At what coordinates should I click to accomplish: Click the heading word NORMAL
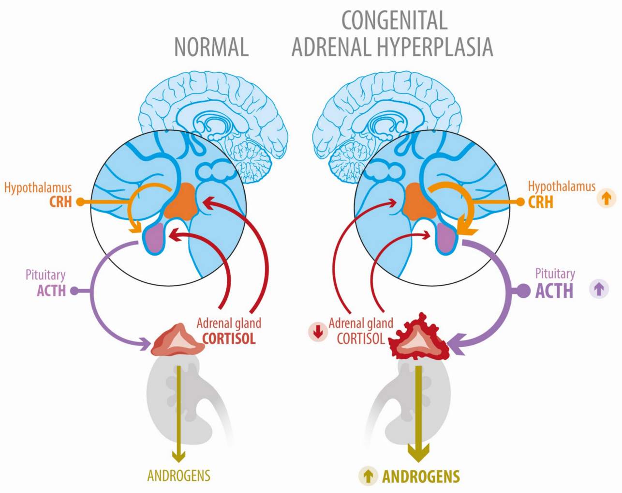211,47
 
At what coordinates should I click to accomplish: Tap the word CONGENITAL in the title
394,20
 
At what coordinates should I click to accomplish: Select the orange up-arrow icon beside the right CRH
607,198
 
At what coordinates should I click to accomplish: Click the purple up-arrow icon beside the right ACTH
599,289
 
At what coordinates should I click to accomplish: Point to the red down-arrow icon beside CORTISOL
318,332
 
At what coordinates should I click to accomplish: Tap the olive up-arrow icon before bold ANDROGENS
368,476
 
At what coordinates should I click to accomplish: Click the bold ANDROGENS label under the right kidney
421,477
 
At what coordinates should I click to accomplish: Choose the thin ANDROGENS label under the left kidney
179,475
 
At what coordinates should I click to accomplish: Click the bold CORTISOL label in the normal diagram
229,338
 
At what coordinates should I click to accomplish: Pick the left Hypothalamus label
38,187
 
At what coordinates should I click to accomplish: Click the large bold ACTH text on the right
554,291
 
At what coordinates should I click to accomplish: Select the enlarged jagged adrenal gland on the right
420,340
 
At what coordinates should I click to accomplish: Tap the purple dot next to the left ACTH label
74,291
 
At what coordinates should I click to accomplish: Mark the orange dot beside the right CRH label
520,201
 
